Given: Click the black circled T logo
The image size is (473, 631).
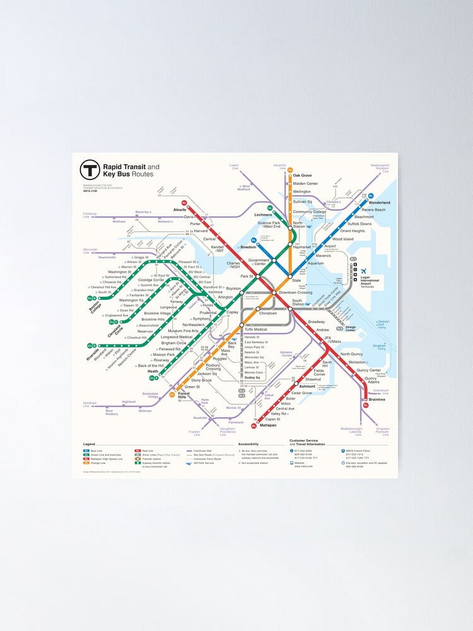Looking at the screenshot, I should [x=90, y=170].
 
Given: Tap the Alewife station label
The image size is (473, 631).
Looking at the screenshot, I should [x=180, y=209].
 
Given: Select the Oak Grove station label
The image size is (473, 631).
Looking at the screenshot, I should [x=302, y=175].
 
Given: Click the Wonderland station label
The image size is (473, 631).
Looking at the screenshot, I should [x=379, y=203].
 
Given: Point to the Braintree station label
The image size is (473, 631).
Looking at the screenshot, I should [x=377, y=399].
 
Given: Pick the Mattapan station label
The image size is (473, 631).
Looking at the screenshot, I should [x=268, y=425].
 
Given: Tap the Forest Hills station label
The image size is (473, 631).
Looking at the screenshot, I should [x=184, y=395].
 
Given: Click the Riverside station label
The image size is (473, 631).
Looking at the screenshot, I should [x=93, y=354].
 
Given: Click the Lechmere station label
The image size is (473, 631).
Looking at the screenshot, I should [x=263, y=215].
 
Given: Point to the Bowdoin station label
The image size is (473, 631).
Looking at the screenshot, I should [x=248, y=247].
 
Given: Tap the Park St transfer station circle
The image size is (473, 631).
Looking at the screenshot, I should [x=258, y=276].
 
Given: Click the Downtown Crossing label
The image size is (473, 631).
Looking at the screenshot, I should [x=295, y=292].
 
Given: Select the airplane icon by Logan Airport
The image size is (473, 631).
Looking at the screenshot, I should [x=364, y=271].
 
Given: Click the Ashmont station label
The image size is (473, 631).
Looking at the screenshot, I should [x=307, y=386].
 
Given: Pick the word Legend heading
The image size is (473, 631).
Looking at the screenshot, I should [x=89, y=444].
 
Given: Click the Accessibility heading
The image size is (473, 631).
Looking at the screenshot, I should [x=248, y=444].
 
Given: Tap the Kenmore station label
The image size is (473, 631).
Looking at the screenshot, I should [x=215, y=292].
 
